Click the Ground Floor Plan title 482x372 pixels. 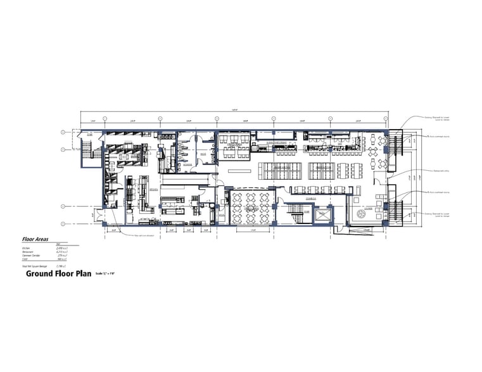pyautogui.click(x=59, y=274)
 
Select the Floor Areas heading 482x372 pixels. pyautogui.click(x=35, y=240)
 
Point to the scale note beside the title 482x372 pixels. pyautogui.click(x=108, y=273)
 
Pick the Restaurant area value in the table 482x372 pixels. pyautogui.click(x=62, y=252)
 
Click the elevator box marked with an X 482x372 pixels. pyautogui.click(x=324, y=215)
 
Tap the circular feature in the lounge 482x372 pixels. pyautogui.click(x=362, y=214)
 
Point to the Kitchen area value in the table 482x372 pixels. pyautogui.click(x=62, y=249)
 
